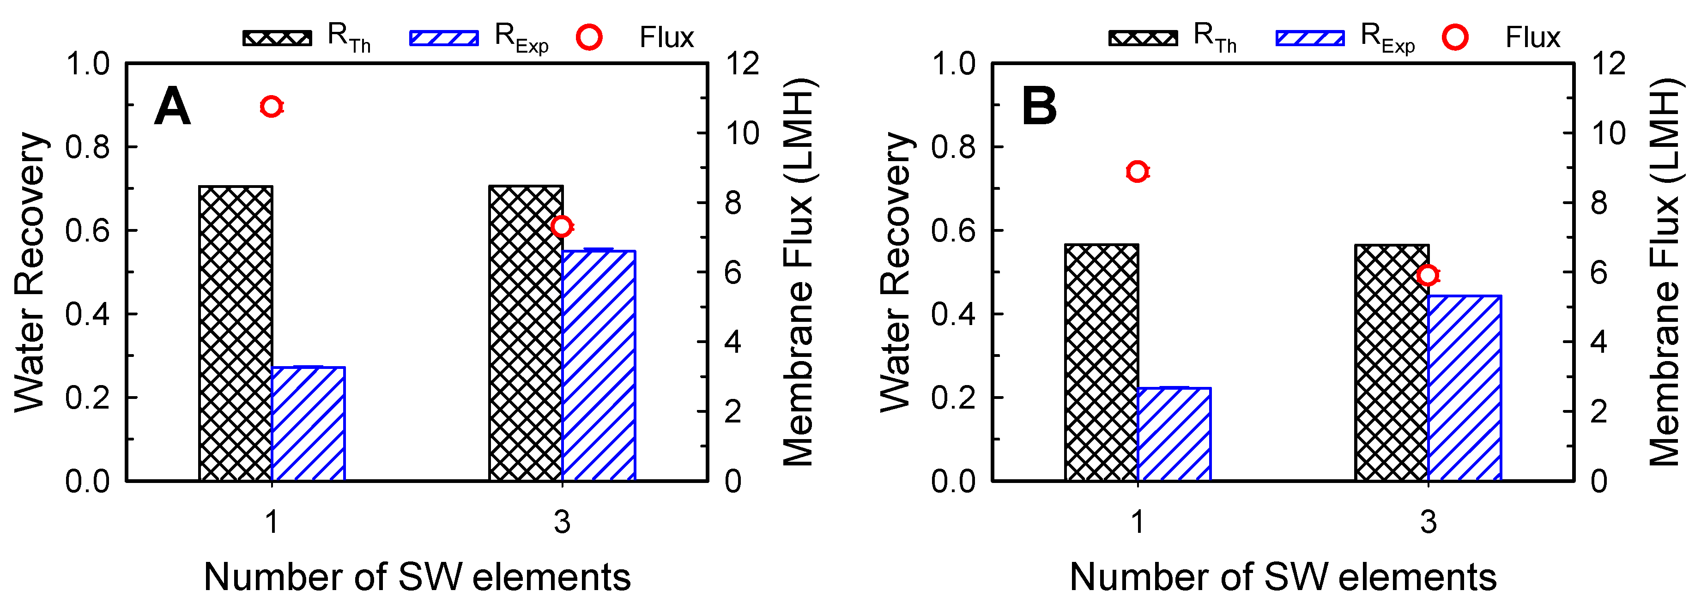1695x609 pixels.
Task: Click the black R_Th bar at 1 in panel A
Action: (x=236, y=333)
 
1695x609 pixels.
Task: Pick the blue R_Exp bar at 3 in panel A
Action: (x=599, y=366)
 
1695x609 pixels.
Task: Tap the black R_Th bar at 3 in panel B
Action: (x=1392, y=362)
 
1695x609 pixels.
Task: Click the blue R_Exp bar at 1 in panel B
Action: (x=1174, y=434)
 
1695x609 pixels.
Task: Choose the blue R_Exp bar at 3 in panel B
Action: (x=1465, y=388)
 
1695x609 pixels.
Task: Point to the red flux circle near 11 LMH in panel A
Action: (x=271, y=107)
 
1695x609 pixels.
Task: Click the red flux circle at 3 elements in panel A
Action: (x=561, y=226)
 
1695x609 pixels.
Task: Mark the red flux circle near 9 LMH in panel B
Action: (x=1137, y=172)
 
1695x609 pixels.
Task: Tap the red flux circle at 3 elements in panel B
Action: (x=1427, y=275)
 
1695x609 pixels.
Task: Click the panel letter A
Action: (x=172, y=107)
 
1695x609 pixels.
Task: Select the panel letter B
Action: (x=1039, y=107)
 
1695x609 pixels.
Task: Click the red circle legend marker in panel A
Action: (x=589, y=37)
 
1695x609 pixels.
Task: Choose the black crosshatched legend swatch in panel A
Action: (x=277, y=37)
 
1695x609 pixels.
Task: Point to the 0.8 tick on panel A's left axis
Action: (x=87, y=147)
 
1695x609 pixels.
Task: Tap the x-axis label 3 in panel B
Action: (x=1428, y=522)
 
